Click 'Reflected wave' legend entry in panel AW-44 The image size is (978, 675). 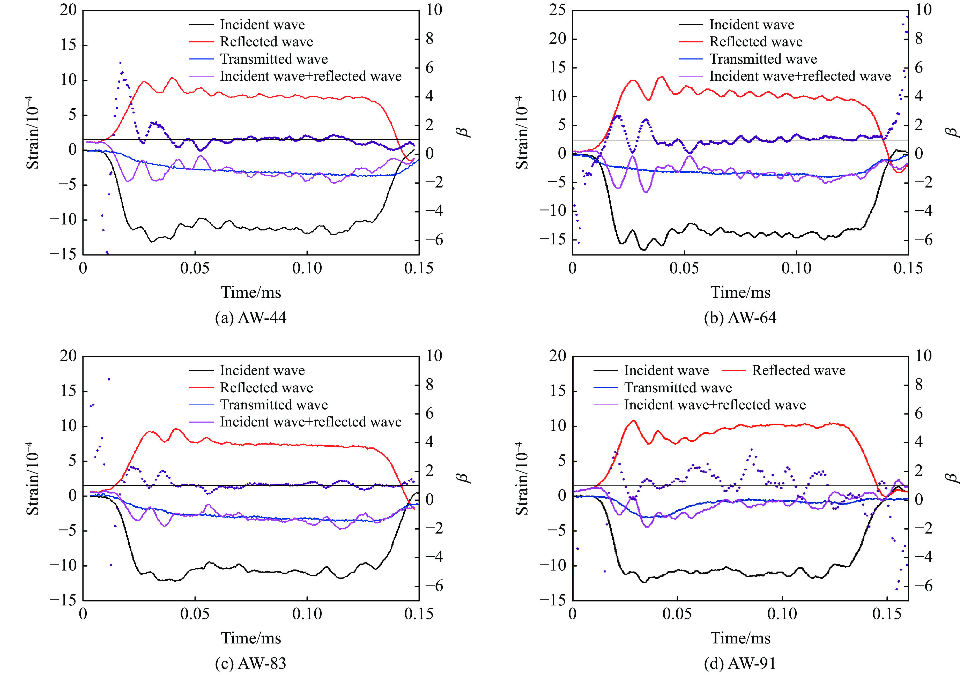266,42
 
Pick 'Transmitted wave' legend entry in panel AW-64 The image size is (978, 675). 763,59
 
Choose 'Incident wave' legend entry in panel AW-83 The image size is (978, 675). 262,371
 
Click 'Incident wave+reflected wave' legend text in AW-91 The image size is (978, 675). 715,405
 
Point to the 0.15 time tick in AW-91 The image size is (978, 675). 887,614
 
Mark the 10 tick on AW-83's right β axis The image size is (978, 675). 434,356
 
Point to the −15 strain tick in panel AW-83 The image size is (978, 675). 63,600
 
